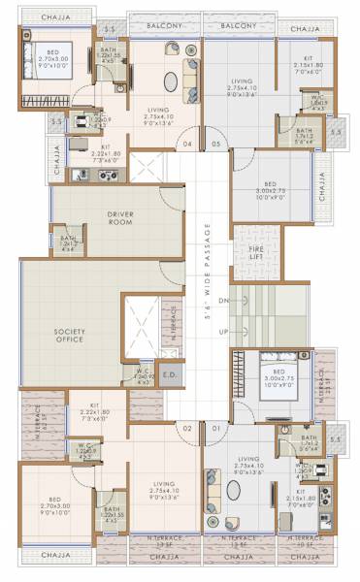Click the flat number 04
(x=189, y=146)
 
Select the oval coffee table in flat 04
(x=171, y=81)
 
